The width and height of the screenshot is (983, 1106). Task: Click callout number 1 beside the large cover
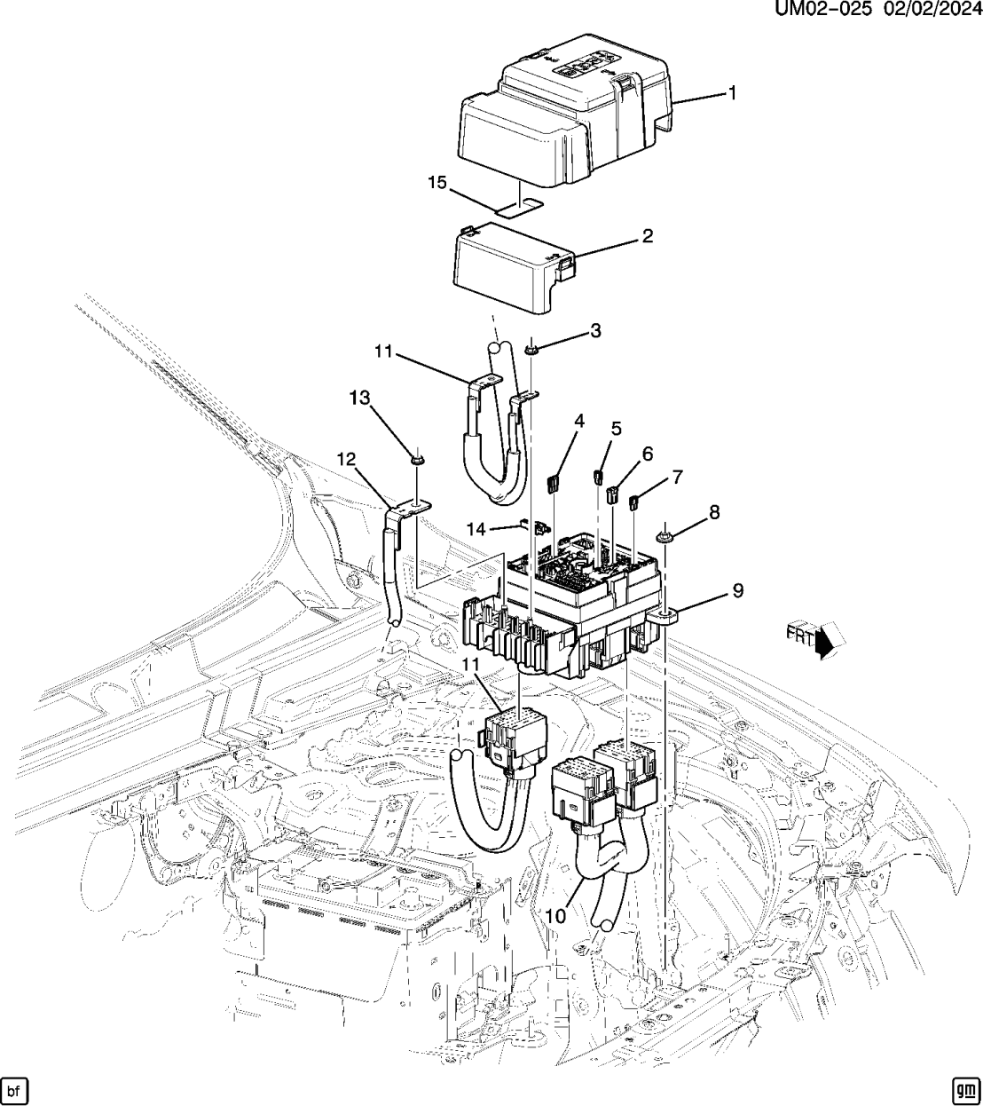(732, 92)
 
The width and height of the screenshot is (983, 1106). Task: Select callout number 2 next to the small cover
(647, 236)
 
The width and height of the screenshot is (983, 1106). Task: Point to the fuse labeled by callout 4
(551, 483)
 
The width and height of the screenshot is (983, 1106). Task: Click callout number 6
(647, 454)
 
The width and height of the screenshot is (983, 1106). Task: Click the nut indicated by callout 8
(665, 535)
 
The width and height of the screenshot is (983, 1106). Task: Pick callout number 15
(436, 183)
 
